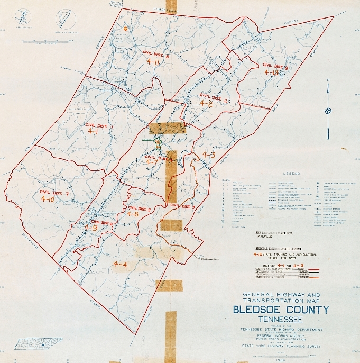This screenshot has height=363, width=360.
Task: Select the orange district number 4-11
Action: [154, 62]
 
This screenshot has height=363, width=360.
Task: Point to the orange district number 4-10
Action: [47, 199]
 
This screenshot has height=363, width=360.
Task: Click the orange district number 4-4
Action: [120, 264]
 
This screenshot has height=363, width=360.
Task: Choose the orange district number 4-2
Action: [206, 104]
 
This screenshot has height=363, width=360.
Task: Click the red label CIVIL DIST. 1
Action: [99, 125]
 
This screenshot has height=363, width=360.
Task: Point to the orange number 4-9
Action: [90, 228]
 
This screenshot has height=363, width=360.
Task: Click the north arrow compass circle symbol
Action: [328, 111]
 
